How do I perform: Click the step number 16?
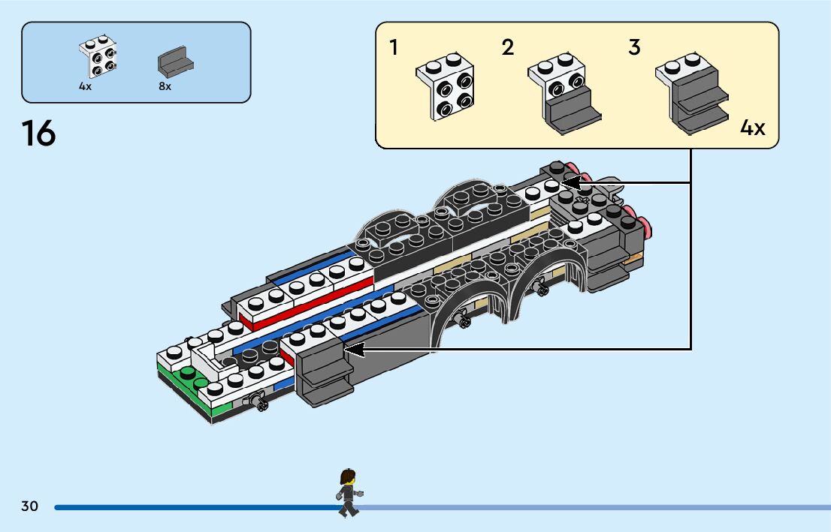coord(39,134)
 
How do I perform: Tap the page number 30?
coord(29,506)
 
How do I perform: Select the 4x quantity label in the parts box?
coord(85,86)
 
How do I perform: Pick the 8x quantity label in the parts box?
coord(165,86)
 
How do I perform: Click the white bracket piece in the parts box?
coord(98,57)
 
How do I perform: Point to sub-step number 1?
coord(394,48)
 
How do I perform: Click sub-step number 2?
coord(508,48)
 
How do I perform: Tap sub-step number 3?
coord(634,48)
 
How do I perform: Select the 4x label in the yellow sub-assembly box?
coord(752,128)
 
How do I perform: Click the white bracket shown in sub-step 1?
coord(445,86)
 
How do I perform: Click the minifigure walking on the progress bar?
coord(348,493)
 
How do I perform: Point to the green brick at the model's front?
coord(186,380)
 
